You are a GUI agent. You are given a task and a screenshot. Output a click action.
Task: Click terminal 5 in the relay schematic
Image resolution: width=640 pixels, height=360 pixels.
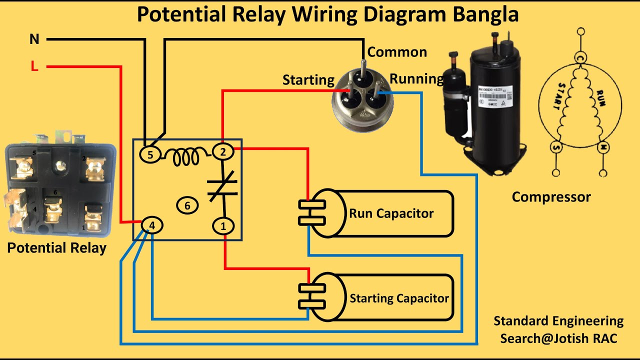pyautogui.click(x=150, y=155)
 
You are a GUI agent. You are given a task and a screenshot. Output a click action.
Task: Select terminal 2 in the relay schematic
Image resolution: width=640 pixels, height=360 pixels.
pyautogui.click(x=223, y=152)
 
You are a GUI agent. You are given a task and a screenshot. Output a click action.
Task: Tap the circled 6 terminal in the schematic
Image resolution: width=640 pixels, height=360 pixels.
pyautogui.click(x=187, y=205)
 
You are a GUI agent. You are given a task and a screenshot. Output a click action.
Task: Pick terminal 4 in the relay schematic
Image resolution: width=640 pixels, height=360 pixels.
pyautogui.click(x=152, y=226)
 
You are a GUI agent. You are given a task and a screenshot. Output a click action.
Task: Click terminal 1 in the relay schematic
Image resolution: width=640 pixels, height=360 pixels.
pyautogui.click(x=223, y=226)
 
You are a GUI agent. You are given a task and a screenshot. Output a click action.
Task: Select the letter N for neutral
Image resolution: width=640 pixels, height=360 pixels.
pyautogui.click(x=34, y=39)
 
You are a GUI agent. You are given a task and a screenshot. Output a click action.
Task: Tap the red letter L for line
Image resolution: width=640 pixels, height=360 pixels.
pyautogui.click(x=34, y=66)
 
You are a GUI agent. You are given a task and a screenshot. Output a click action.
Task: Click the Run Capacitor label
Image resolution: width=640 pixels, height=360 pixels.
pyautogui.click(x=391, y=213)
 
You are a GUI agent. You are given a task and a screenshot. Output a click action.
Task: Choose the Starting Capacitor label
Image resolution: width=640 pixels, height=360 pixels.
pyautogui.click(x=399, y=298)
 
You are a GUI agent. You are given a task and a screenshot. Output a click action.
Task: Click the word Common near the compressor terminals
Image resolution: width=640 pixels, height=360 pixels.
pyautogui.click(x=397, y=52)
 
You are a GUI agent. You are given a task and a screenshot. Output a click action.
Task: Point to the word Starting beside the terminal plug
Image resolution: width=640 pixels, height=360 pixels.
pyautogui.click(x=308, y=80)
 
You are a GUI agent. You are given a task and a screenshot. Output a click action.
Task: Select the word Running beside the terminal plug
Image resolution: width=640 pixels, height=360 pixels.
pyautogui.click(x=416, y=79)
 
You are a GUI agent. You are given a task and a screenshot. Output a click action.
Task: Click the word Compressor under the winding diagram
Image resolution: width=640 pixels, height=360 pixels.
pyautogui.click(x=551, y=197)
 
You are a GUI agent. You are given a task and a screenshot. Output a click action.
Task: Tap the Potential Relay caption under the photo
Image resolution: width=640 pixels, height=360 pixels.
pyautogui.click(x=56, y=248)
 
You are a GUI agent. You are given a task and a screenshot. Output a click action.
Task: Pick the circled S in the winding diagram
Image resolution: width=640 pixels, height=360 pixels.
pyautogui.click(x=556, y=147)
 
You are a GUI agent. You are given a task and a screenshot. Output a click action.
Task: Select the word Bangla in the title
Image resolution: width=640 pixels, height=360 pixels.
pyautogui.click(x=485, y=14)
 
